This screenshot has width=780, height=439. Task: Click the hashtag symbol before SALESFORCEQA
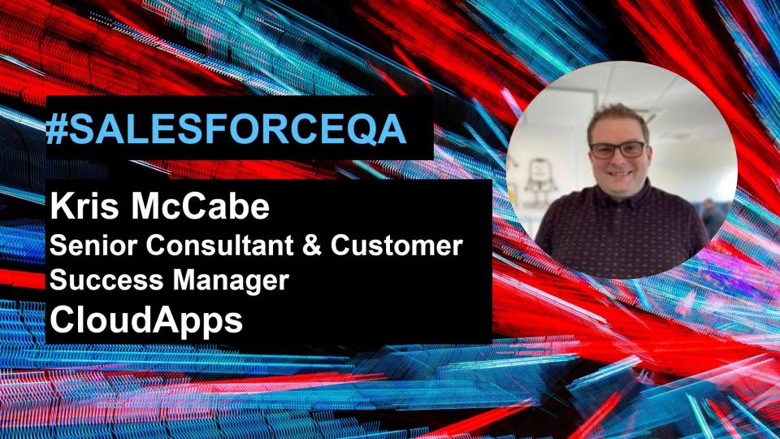(57, 129)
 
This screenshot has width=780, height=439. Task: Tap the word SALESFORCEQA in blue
(237, 130)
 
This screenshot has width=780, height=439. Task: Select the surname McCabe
(200, 206)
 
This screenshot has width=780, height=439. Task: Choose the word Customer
(396, 245)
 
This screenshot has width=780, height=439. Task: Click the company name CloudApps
(146, 320)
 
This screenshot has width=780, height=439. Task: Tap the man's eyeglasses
(617, 150)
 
